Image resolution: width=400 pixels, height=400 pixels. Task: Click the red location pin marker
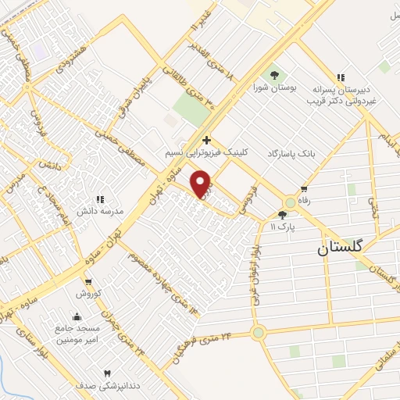point(202,183)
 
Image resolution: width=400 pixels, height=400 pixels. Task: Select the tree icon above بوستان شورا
point(274,75)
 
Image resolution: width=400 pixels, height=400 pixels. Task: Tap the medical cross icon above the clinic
point(206,140)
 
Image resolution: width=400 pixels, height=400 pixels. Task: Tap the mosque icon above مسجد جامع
point(77,316)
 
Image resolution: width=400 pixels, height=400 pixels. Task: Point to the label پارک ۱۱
point(273,227)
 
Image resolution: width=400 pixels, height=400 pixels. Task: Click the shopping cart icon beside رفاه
point(303,190)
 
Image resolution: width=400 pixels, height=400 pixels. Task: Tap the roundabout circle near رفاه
point(291,202)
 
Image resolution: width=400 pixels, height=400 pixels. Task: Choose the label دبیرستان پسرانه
point(348,90)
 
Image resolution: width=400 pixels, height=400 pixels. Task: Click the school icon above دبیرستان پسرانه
point(340,77)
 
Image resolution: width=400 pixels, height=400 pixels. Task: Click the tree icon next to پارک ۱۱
point(282,215)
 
